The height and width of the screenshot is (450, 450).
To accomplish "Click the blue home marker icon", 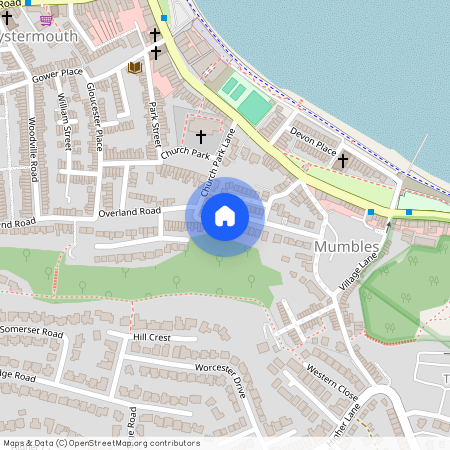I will (x=225, y=215).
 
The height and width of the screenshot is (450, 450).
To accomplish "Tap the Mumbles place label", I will (x=347, y=246).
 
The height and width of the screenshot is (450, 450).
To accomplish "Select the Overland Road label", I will (x=129, y=213).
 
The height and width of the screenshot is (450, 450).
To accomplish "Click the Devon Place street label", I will (x=313, y=139).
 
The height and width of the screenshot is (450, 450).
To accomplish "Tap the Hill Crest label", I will (x=151, y=338).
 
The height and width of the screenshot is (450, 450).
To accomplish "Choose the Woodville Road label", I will (x=33, y=149).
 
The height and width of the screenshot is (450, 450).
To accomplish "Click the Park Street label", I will (x=154, y=118).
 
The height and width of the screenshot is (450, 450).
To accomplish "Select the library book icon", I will (x=134, y=67).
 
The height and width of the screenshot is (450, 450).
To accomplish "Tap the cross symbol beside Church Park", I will (x=200, y=136).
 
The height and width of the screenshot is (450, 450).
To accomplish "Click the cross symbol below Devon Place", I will (x=342, y=159).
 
